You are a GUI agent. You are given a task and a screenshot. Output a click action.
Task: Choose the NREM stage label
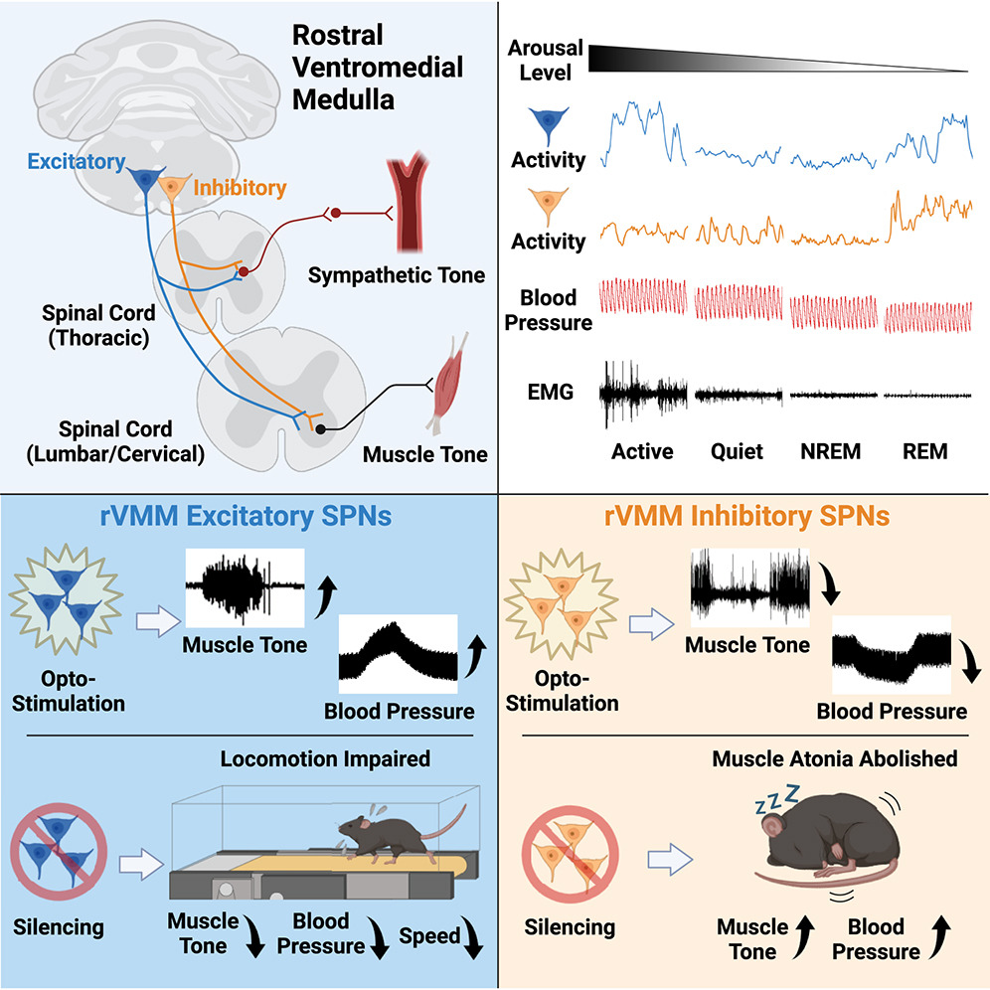coord(830,451)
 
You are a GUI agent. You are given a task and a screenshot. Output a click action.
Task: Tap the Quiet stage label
coord(737,451)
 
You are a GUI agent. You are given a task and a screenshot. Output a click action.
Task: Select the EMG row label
coord(550,393)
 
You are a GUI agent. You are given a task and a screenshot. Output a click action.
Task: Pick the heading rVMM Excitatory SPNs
coord(247,519)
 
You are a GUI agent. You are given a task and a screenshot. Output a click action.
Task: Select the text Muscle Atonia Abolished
coord(834,758)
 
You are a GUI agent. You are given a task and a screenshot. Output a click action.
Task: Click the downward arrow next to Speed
coord(476,937)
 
